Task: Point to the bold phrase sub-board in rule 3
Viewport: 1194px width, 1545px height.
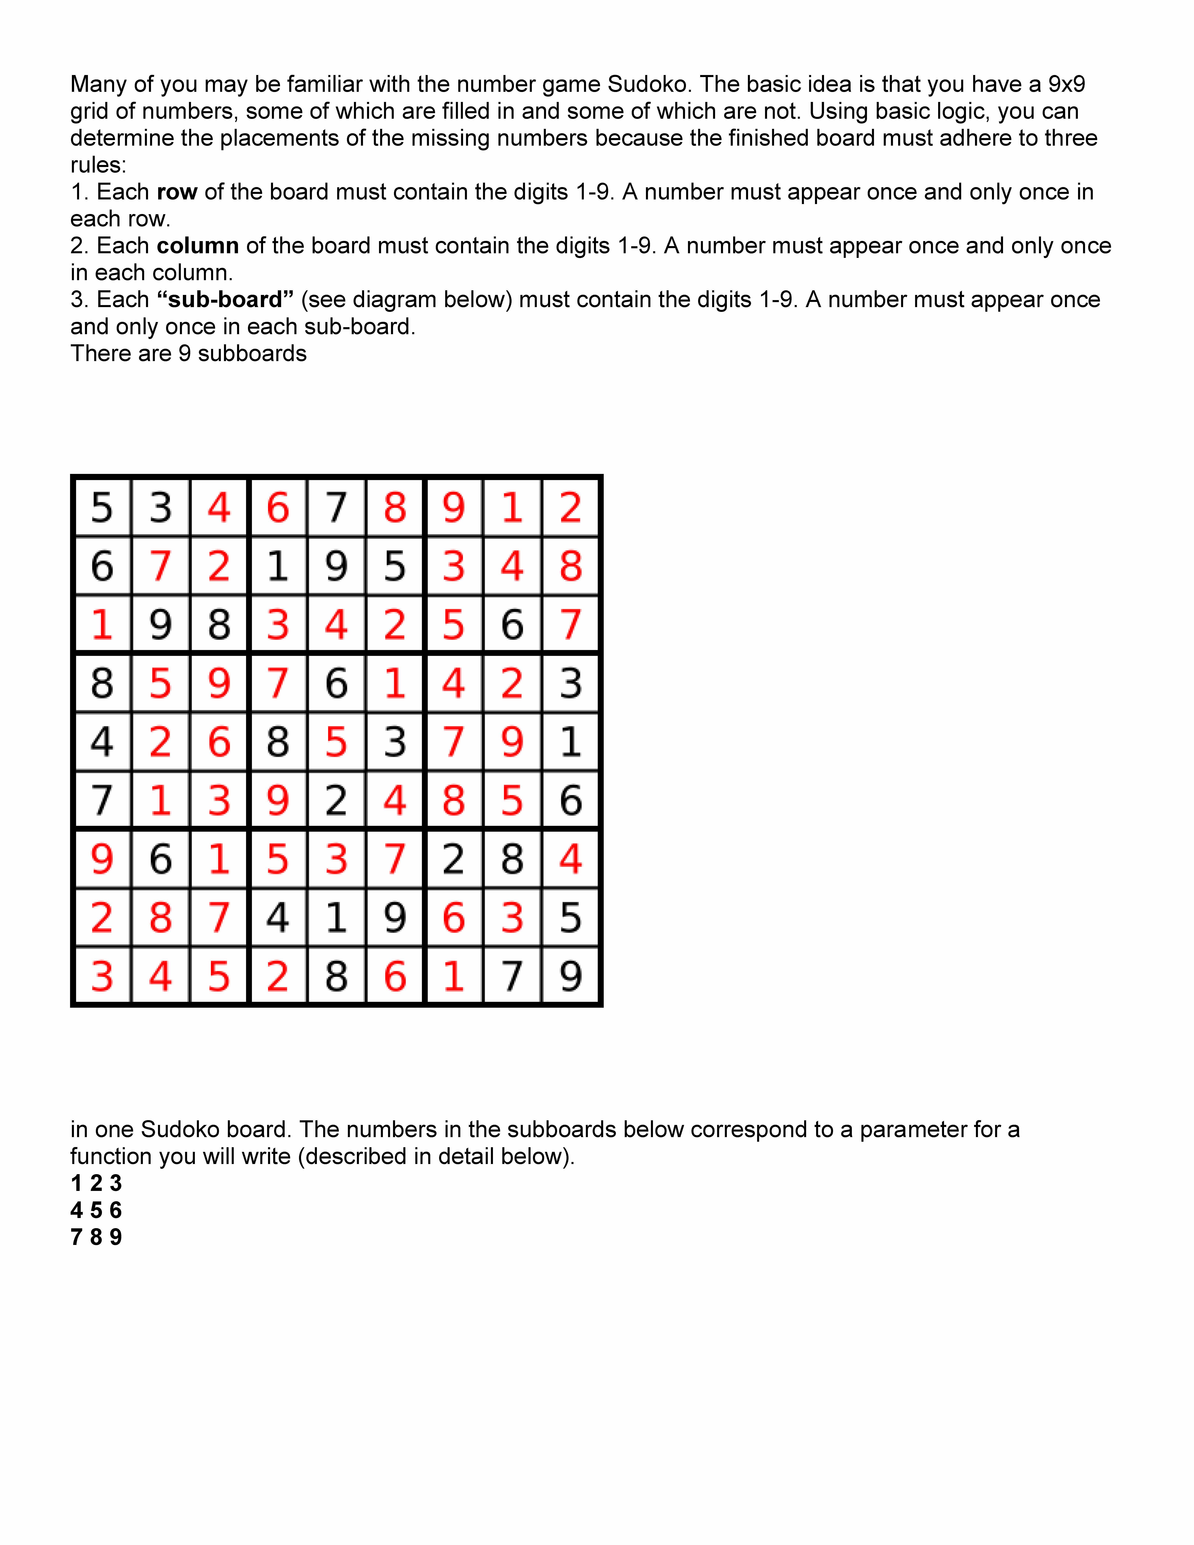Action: [225, 300]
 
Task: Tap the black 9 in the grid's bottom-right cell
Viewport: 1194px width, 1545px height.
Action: [570, 976]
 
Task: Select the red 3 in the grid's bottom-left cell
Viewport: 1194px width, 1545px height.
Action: [102, 976]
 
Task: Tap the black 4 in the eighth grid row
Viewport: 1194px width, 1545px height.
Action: [277, 918]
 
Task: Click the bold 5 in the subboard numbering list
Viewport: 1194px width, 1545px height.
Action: [96, 1210]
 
